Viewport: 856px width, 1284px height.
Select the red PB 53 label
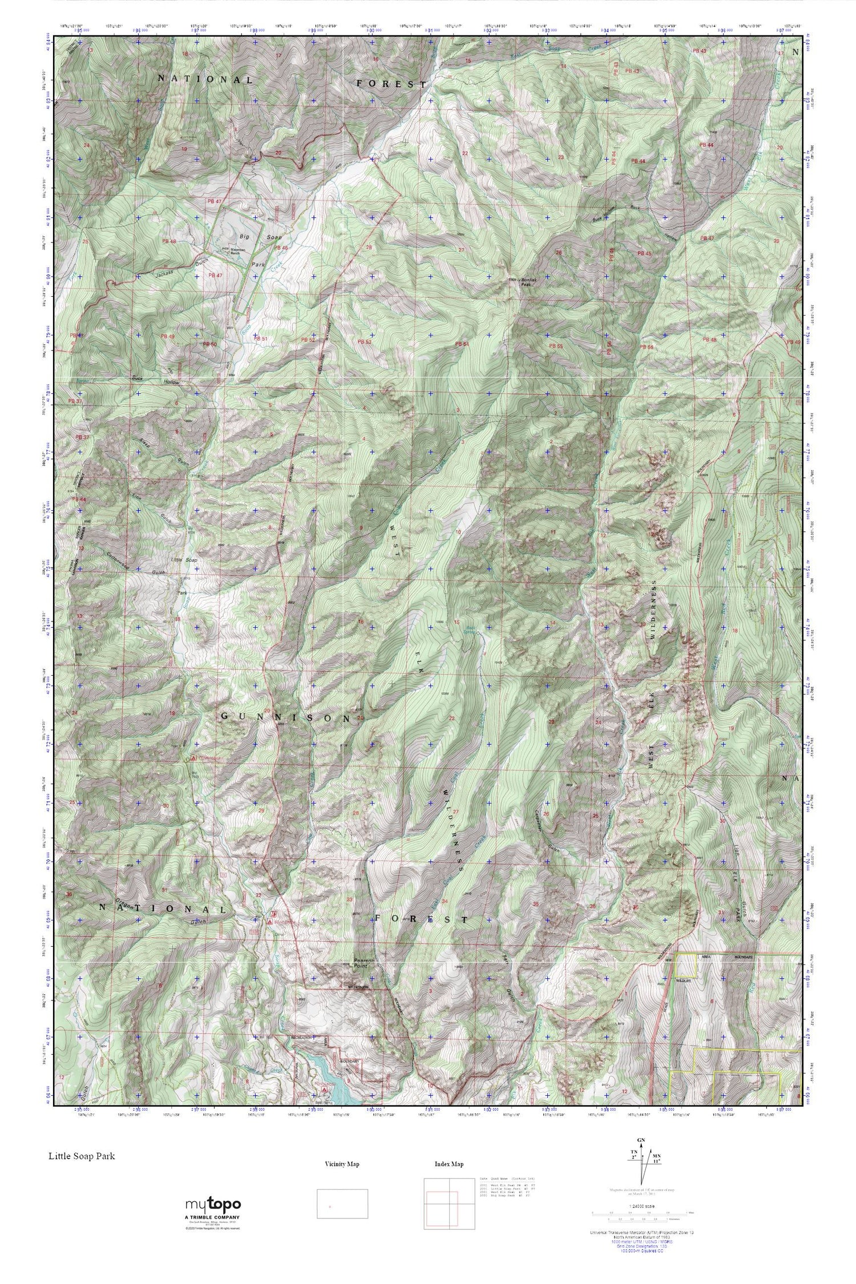point(364,341)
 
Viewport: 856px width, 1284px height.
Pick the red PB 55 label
point(555,345)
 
